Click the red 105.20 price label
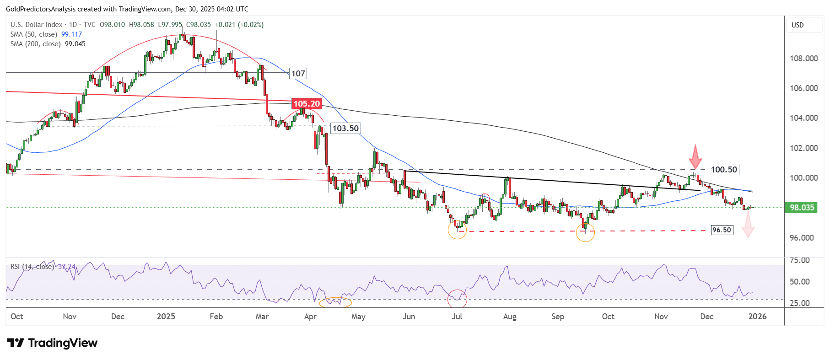point(307,104)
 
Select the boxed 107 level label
point(298,74)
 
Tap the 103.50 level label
point(345,129)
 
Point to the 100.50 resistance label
point(724,170)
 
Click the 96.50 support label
point(722,230)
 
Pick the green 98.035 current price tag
point(802,208)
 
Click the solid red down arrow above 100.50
point(695,157)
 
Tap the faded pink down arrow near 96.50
point(748,226)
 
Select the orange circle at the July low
point(457,230)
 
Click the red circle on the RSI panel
point(457,299)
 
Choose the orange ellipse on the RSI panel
point(335,302)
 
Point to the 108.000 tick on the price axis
point(803,59)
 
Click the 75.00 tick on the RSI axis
point(800,260)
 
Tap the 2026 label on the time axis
point(757,317)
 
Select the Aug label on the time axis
point(509,317)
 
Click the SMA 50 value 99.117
point(72,34)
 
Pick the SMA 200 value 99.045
point(75,44)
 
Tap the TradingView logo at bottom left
point(52,343)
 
